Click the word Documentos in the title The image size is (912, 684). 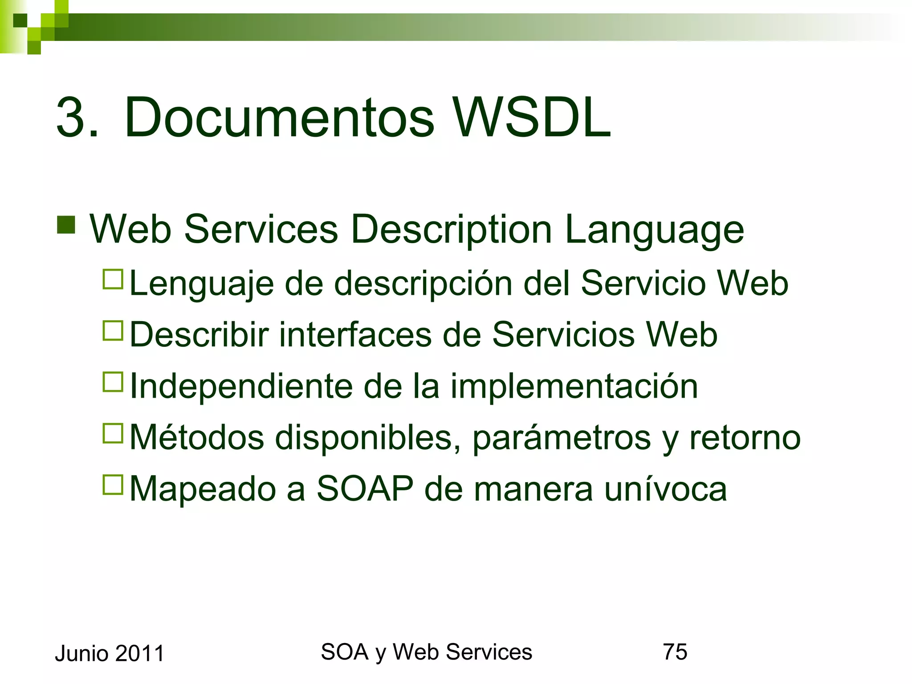[x=279, y=118]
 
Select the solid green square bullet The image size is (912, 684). [x=66, y=225]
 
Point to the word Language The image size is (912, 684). [x=654, y=230]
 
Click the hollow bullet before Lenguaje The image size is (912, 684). [x=113, y=280]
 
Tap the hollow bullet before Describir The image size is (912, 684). [x=113, y=331]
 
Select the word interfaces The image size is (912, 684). [x=355, y=334]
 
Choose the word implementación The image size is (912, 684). [x=574, y=386]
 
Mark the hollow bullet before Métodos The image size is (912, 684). [x=113, y=433]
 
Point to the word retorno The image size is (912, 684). [x=745, y=437]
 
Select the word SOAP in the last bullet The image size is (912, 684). [x=365, y=489]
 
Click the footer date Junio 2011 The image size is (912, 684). [x=110, y=653]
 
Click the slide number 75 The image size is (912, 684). [x=675, y=651]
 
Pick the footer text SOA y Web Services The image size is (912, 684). [x=426, y=652]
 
